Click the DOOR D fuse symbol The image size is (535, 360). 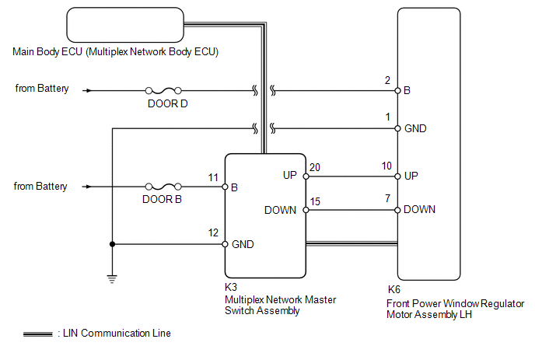point(163,91)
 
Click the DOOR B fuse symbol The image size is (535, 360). point(163,187)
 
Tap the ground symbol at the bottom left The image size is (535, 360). point(112,279)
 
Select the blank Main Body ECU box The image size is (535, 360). point(125,25)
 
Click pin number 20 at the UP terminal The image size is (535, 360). point(315,167)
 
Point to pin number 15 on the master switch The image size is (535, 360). point(315,201)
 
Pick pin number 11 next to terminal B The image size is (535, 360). point(213,177)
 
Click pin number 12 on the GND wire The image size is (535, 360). point(213,232)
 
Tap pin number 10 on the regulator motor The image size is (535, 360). point(386,166)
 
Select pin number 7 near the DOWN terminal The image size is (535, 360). point(387,198)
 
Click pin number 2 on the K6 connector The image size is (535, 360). point(387,80)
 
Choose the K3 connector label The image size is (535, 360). point(231,287)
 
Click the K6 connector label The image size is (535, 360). point(394,290)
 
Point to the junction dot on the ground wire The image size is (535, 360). point(112,244)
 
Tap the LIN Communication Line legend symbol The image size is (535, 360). point(38,334)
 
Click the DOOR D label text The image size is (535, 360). point(167,103)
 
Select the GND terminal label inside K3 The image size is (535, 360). point(243,244)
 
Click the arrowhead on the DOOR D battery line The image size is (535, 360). point(89,91)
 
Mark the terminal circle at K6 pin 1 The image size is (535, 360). point(397,128)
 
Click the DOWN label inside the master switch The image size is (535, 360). point(280,210)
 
